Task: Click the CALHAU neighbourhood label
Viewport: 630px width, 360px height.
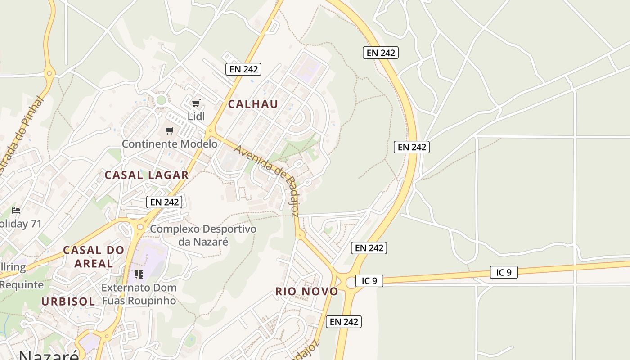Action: [252, 104]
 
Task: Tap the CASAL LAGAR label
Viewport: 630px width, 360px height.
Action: [146, 175]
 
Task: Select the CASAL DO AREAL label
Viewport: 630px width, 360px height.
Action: [93, 256]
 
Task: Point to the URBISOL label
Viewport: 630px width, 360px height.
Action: [68, 301]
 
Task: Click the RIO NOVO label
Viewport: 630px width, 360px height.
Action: [306, 291]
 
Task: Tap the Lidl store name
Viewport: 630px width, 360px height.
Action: [196, 117]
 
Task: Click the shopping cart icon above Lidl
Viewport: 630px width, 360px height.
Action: [196, 103]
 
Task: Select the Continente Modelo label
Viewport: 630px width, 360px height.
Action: [170, 144]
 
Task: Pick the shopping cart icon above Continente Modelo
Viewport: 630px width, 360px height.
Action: [169, 130]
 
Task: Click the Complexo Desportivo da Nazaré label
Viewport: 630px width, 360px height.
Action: [203, 235]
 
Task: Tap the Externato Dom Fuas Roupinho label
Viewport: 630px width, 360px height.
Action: [139, 294]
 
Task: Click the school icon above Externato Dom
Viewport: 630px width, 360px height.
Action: [139, 274]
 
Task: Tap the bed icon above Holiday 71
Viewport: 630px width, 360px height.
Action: [16, 210]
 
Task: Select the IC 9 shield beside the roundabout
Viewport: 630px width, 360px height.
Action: [369, 281]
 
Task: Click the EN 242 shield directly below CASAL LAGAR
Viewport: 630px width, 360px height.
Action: [164, 202]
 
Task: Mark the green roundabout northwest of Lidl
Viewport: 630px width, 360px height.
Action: [161, 100]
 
